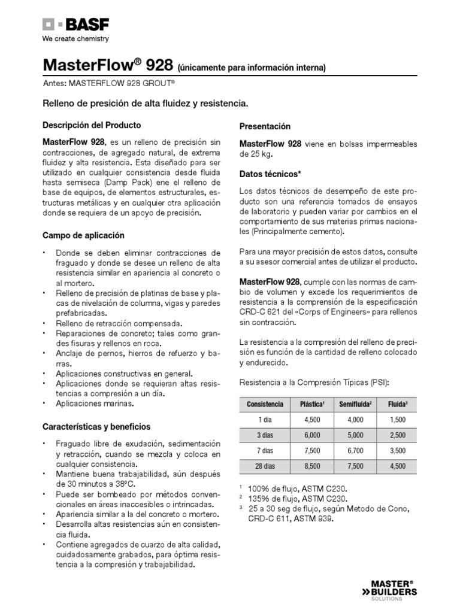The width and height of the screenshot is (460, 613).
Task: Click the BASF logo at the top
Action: [75, 25]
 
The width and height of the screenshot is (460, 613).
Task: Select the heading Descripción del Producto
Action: [92, 126]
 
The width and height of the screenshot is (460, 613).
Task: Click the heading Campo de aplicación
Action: [83, 235]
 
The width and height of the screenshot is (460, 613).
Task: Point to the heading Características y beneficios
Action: [96, 427]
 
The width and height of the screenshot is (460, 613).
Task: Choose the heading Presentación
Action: [265, 127]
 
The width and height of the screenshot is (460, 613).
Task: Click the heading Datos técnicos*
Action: [270, 174]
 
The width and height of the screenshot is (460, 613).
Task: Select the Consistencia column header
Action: [265, 404]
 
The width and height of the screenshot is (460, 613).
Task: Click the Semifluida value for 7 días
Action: [355, 451]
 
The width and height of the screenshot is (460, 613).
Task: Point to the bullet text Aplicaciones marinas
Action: [95, 404]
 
